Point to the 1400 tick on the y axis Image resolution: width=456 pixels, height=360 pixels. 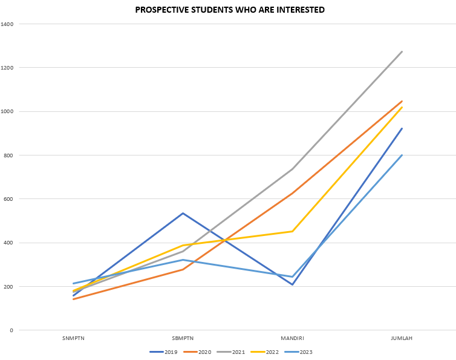[7, 24]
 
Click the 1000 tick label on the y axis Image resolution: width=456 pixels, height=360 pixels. [7, 111]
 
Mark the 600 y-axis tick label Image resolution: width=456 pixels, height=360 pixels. [8, 199]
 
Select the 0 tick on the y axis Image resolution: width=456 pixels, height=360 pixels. [11, 330]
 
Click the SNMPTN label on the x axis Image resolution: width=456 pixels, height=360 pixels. [73, 338]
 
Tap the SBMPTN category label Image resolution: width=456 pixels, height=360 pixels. [183, 338]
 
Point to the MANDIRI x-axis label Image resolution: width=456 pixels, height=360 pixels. [292, 338]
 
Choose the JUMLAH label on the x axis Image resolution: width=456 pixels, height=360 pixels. [402, 338]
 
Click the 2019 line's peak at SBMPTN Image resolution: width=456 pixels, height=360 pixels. [183, 213]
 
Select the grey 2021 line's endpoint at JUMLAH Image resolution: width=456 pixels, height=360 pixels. [402, 52]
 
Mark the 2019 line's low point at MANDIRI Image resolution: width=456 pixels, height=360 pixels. [292, 284]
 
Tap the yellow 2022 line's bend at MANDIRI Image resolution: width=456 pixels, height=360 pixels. [292, 231]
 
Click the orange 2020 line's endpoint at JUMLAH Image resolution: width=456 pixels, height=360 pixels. [402, 101]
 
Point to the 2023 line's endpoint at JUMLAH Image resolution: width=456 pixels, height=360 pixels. [402, 155]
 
